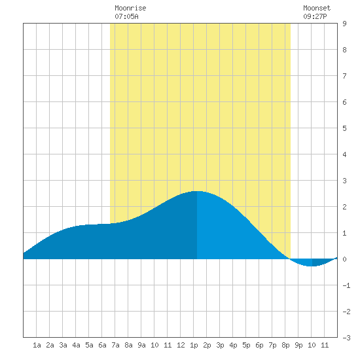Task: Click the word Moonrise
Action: pyautogui.click(x=130, y=8)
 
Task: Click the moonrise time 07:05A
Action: pyautogui.click(x=126, y=16)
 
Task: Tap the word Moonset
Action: pyautogui.click(x=317, y=8)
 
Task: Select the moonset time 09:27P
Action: pyautogui.click(x=315, y=16)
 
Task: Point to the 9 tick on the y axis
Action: pyautogui.click(x=344, y=24)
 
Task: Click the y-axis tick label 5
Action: pyautogui.click(x=344, y=128)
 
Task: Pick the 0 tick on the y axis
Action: pyautogui.click(x=344, y=259)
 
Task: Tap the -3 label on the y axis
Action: pyautogui.click(x=346, y=338)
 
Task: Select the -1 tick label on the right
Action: pyautogui.click(x=346, y=285)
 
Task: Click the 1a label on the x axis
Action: pyautogui.click(x=37, y=345)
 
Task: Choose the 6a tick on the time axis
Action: pyautogui.click(x=102, y=345)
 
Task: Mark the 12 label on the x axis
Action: pyautogui.click(x=181, y=345)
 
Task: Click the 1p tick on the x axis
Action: pyautogui.click(x=194, y=345)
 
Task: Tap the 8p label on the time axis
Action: pyautogui.click(x=285, y=345)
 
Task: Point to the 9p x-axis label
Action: pyautogui.click(x=298, y=345)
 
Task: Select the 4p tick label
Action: pyautogui.click(x=233, y=345)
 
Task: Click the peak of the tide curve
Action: pyautogui.click(x=197, y=191)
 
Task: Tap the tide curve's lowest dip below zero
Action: pyautogui.click(x=312, y=266)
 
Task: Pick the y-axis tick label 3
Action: pyautogui.click(x=344, y=181)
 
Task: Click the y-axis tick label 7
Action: pyautogui.click(x=344, y=76)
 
